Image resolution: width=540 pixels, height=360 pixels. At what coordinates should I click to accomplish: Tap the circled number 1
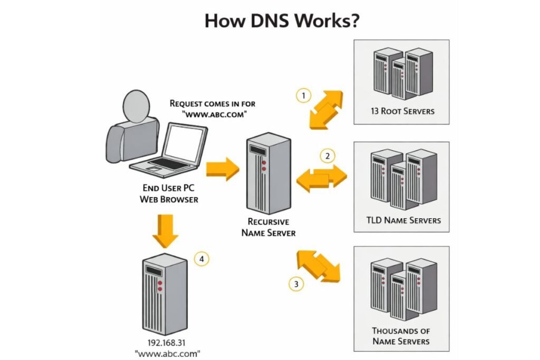(x=303, y=96)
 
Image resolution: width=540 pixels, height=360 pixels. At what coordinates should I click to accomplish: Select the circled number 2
(x=327, y=155)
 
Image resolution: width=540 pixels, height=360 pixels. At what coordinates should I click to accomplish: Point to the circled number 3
(x=296, y=284)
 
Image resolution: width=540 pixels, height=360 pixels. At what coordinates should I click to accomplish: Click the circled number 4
(x=202, y=259)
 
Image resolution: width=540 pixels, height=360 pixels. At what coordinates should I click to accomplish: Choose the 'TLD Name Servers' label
(x=404, y=220)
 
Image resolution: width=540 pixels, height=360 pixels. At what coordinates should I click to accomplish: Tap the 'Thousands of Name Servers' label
(x=401, y=336)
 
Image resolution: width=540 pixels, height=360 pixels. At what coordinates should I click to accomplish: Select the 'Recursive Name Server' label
(x=268, y=227)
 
